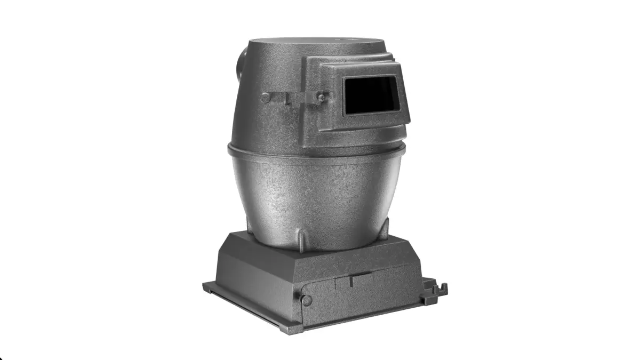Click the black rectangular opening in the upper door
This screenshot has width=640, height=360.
(x=371, y=95)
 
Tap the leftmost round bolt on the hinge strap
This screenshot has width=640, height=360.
(x=266, y=98)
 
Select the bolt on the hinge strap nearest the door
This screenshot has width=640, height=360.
(x=321, y=97)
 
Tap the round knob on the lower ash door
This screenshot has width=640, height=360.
(x=306, y=300)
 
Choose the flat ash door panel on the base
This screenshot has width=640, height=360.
(x=363, y=296)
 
